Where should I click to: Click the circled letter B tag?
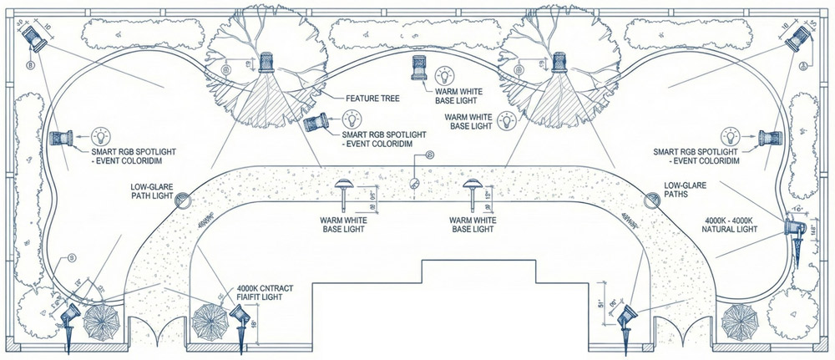tap(31, 63)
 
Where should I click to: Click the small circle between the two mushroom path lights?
tap(415, 185)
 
